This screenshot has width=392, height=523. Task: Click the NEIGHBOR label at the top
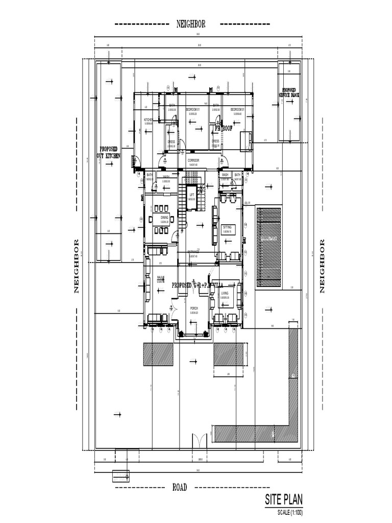pyautogui.click(x=191, y=24)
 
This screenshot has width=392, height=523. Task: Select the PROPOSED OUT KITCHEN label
pyautogui.click(x=109, y=152)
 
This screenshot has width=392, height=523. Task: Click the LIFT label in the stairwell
pyautogui.click(x=192, y=195)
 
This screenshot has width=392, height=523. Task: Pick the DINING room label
pyautogui.click(x=164, y=217)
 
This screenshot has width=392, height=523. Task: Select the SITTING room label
pyautogui.click(x=227, y=227)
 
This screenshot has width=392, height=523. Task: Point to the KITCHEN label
pyautogui.click(x=149, y=120)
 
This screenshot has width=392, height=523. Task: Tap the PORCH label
pyautogui.click(x=194, y=308)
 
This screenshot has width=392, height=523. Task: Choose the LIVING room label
pyautogui.click(x=225, y=294)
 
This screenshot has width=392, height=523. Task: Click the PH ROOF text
pyautogui.click(x=224, y=129)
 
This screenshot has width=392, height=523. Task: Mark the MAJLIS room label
pyautogui.click(x=160, y=278)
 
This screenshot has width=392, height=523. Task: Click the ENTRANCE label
pyautogui.click(x=193, y=252)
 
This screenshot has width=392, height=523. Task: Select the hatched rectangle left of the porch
pyautogui.click(x=158, y=354)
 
